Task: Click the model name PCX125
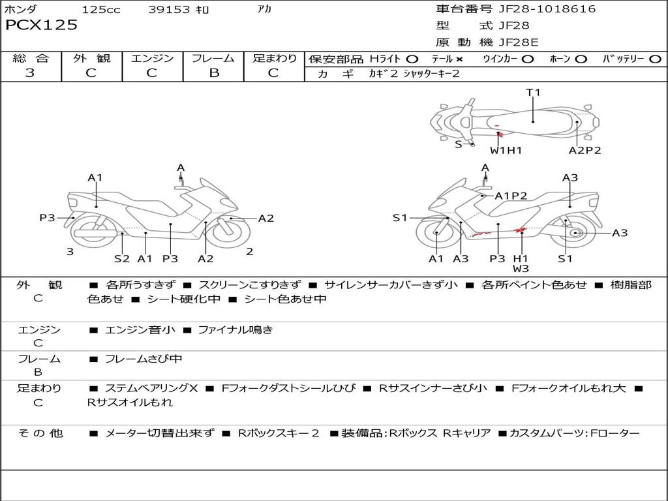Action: pyautogui.click(x=41, y=25)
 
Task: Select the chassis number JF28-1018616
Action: pyautogui.click(x=547, y=8)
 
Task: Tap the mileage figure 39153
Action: pyautogui.click(x=169, y=9)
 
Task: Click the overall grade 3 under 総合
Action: pyautogui.click(x=30, y=72)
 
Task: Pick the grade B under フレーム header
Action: pyautogui.click(x=214, y=73)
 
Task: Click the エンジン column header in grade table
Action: pyautogui.click(x=152, y=58)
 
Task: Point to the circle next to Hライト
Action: pyautogui.click(x=412, y=59)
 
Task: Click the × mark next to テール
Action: pyautogui.click(x=459, y=59)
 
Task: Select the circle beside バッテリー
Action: pyautogui.click(x=655, y=59)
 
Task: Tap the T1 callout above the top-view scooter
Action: pyautogui.click(x=533, y=93)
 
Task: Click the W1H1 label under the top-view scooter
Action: pyautogui.click(x=506, y=150)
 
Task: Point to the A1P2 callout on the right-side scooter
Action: pyautogui.click(x=511, y=196)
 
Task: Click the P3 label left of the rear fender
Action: pyautogui.click(x=47, y=218)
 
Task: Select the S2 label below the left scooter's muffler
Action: pyautogui.click(x=121, y=258)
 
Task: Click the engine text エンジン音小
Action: pyautogui.click(x=140, y=329)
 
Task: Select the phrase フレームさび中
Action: pyautogui.click(x=144, y=359)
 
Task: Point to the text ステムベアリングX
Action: pyautogui.click(x=151, y=388)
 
